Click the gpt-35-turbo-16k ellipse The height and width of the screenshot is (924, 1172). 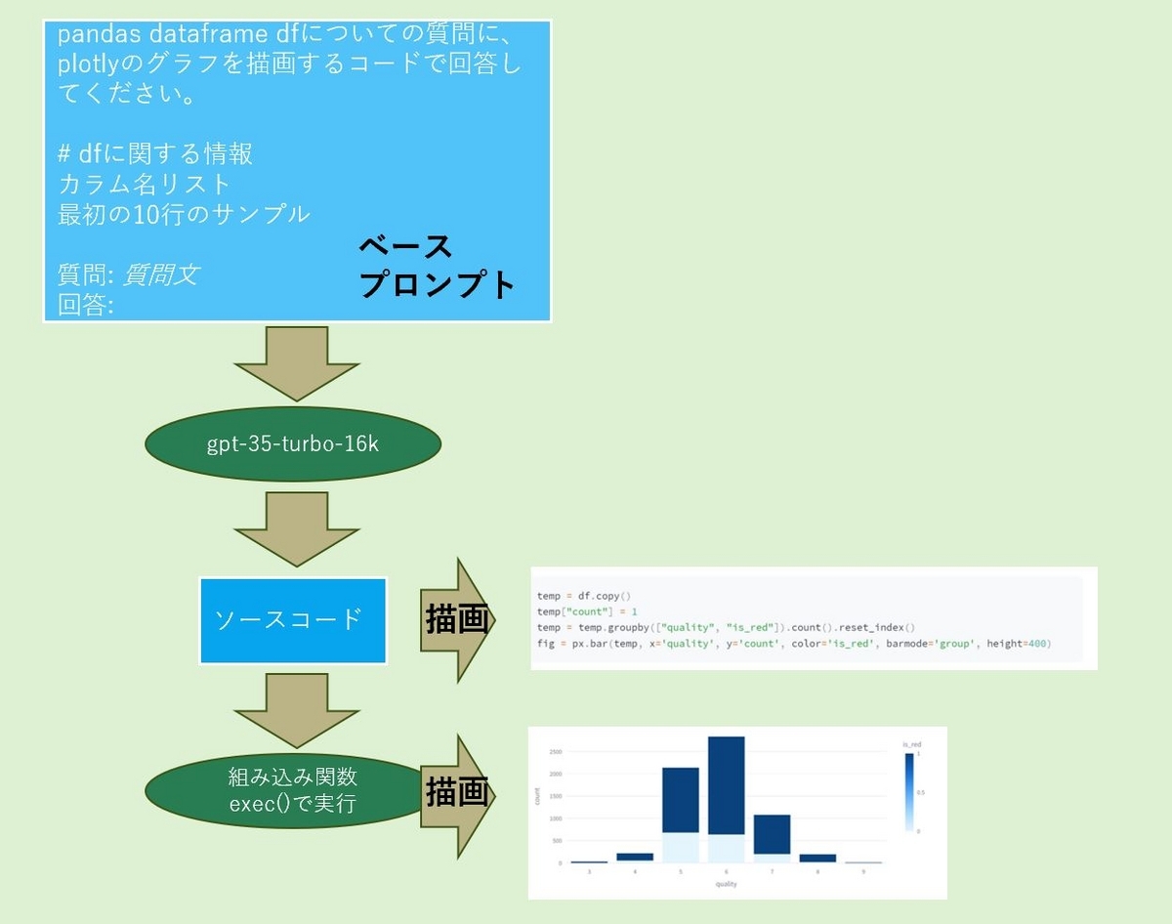[x=293, y=444]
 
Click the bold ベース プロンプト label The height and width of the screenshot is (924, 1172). [x=435, y=266]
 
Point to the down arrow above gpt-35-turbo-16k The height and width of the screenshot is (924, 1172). [x=297, y=363]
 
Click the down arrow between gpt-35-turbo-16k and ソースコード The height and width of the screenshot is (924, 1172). [x=297, y=529]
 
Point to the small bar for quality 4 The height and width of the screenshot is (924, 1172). [x=634, y=858]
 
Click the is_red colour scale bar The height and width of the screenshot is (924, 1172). [x=909, y=791]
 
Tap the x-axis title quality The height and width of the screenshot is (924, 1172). [x=726, y=885]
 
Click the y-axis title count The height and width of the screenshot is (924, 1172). [x=538, y=796]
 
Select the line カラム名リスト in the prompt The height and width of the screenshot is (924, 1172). [x=145, y=183]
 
